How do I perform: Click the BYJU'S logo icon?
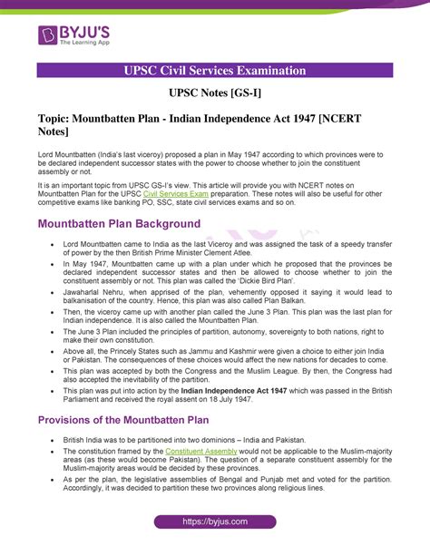point(47,34)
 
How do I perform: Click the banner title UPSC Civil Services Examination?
point(215,71)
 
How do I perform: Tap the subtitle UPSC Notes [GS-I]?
point(215,93)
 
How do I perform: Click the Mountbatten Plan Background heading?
point(119,223)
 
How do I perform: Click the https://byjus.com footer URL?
point(215,523)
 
